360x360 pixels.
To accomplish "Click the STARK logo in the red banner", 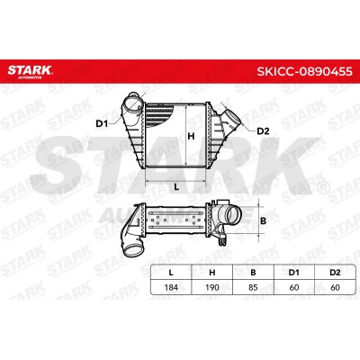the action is point(30,71).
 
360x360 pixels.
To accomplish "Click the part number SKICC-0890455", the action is point(304,72).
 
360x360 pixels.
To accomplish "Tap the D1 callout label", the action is point(102,123).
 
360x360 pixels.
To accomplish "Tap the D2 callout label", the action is point(263,131).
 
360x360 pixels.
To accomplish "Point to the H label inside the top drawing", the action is point(191,137).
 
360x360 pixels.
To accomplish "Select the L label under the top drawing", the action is point(176,187).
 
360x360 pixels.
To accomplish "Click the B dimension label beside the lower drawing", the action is point(263,221).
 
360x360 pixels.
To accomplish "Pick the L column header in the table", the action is point(171,273).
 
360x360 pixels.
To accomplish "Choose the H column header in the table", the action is point(212,273).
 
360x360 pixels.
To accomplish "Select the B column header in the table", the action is point(253,273).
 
